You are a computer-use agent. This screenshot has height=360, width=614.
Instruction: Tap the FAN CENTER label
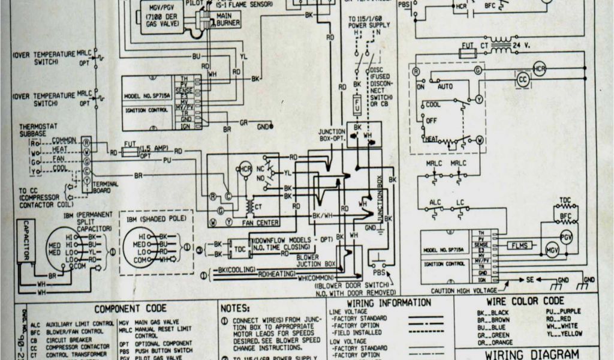pyautogui.click(x=260, y=223)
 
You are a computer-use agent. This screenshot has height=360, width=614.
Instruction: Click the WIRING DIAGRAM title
pyautogui.click(x=532, y=354)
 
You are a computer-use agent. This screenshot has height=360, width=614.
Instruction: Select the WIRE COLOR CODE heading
pyautogui.click(x=525, y=301)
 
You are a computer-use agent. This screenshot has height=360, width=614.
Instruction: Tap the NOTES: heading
pyautogui.click(x=235, y=308)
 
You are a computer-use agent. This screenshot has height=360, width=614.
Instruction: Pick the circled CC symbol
pyautogui.click(x=523, y=79)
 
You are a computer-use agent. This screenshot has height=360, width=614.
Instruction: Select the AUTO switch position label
pyautogui.click(x=445, y=86)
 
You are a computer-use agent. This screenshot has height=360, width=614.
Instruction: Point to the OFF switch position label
pyautogui.click(x=431, y=120)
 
